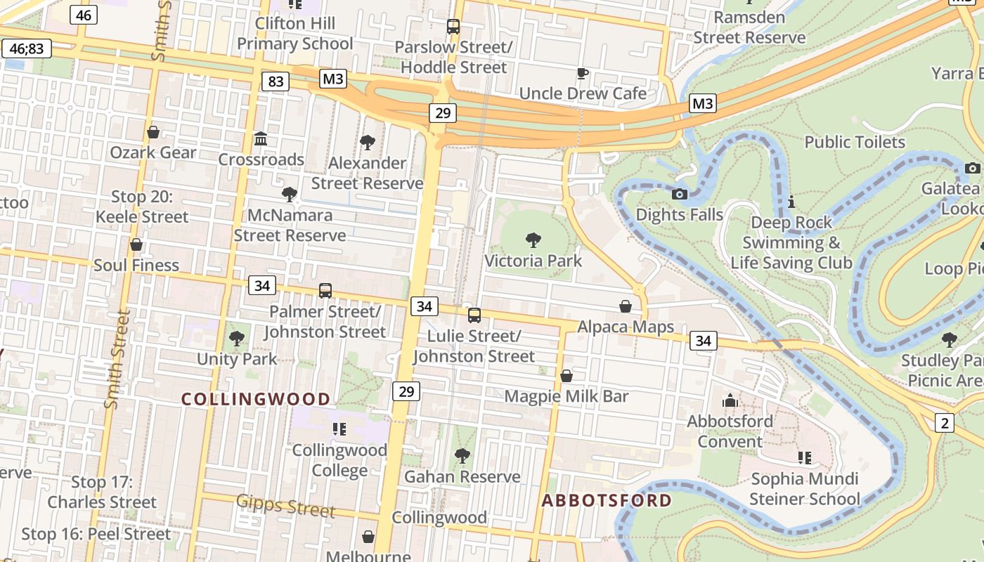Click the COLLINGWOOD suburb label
(256, 400)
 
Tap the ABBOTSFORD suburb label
(607, 501)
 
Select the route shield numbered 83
(276, 81)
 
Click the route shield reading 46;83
(27, 48)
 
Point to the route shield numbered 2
(944, 423)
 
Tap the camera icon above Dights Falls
(679, 195)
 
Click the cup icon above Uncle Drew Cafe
(582, 73)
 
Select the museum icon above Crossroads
(261, 139)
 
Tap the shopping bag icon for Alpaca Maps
(625, 307)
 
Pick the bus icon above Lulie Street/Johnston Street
(474, 315)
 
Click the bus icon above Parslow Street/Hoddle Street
(453, 27)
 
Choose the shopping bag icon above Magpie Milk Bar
(567, 376)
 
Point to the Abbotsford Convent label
(730, 431)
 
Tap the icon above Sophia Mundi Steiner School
(805, 459)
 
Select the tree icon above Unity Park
(237, 339)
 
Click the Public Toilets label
(855, 142)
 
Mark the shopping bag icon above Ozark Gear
(153, 132)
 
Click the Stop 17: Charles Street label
(102, 492)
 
